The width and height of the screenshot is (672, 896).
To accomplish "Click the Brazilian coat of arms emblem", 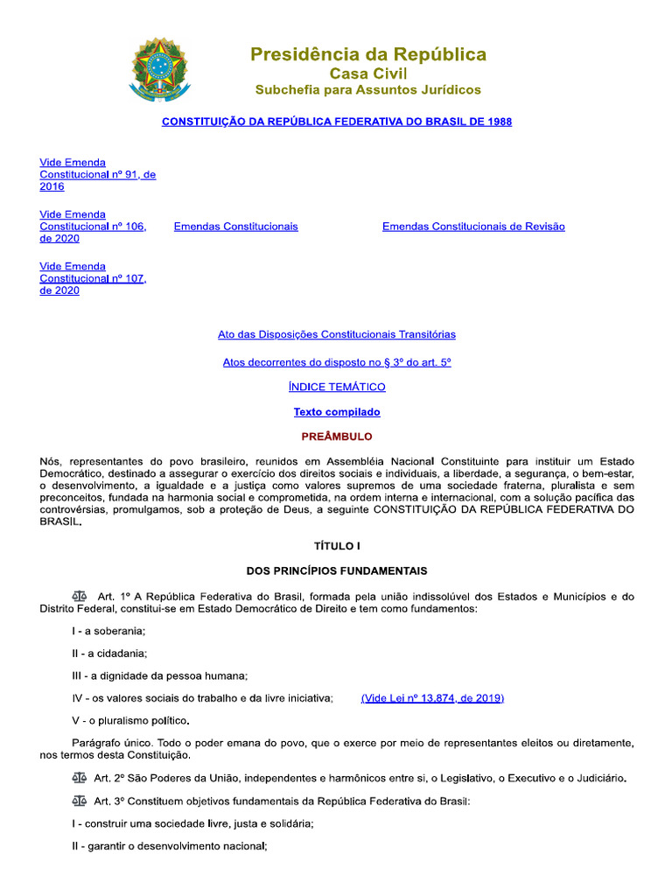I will (x=159, y=69).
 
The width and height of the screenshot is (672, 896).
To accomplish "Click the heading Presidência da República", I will (x=368, y=54).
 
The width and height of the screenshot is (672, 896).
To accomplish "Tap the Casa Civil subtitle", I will (x=367, y=73).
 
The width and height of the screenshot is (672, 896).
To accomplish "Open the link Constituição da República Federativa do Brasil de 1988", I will (x=337, y=122).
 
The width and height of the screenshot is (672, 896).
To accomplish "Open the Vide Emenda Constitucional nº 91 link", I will (x=97, y=174).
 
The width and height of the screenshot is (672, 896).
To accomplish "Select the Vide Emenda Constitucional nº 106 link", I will (x=93, y=226).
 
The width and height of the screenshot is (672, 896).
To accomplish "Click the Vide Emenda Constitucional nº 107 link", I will (x=93, y=278).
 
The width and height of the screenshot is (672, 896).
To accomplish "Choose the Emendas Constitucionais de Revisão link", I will (x=473, y=227).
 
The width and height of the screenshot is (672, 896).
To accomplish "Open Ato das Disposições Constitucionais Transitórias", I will (x=337, y=334).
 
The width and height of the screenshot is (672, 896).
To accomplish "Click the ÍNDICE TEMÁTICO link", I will (x=337, y=387).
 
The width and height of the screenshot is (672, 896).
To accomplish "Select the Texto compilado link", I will (x=337, y=412).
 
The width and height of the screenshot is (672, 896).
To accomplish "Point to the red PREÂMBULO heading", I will (x=337, y=437).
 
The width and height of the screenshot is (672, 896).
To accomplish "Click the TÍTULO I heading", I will (x=337, y=546).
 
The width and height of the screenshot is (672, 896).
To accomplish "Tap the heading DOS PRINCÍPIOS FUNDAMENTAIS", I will (x=337, y=571).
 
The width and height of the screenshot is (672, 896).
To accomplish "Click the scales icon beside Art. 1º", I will (x=80, y=597).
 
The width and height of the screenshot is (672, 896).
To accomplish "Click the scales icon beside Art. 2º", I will (x=80, y=777).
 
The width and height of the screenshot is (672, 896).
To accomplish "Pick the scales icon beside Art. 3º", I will (x=80, y=801).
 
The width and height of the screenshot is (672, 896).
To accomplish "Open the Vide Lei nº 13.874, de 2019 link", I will (x=432, y=698).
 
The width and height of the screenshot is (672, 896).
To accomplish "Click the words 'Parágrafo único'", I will (x=82, y=742).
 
